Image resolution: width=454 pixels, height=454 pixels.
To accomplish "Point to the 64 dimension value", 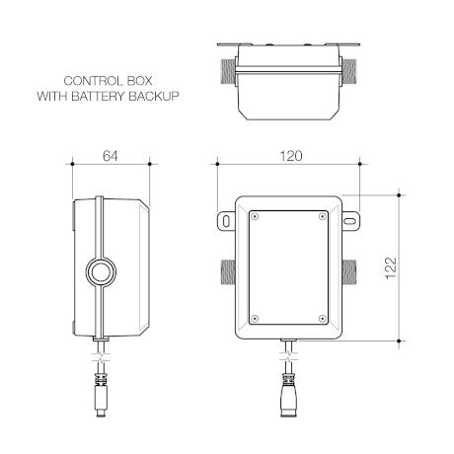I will coord(112,156).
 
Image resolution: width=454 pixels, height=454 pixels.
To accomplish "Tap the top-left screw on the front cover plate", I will coord(255,215).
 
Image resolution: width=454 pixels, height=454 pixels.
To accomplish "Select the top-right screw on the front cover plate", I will coord(323,215).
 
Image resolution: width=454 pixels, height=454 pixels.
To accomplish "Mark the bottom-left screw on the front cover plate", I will coord(255,317).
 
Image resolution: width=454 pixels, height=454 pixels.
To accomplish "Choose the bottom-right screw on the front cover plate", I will coord(323,317).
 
